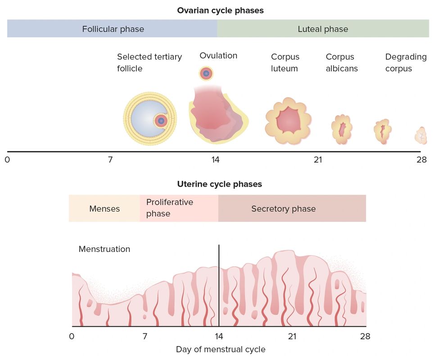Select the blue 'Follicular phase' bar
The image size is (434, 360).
pos(113,29)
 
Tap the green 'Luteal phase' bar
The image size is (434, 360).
pos(323,29)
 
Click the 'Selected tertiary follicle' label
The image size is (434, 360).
pos(149,63)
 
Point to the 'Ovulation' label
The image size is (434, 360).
pos(218,56)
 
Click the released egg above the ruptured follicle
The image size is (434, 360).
pos(206,73)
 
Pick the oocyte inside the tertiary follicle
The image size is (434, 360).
pos(161,121)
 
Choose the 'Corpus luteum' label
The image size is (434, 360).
pos(285,63)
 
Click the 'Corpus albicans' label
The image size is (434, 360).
pos(342,63)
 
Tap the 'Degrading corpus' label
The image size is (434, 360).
pos(406,63)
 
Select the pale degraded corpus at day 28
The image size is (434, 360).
pos(421,135)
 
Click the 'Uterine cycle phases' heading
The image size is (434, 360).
pos(220,184)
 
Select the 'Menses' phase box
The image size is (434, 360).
pos(104,209)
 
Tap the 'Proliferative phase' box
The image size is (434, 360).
pos(179,208)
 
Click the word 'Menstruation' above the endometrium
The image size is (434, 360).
pos(104,249)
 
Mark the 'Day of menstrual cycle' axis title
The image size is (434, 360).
pos(221,349)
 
